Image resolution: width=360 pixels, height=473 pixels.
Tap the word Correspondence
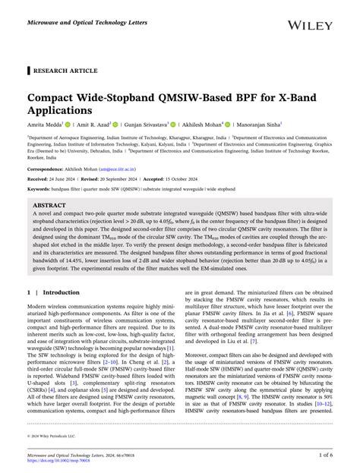pos(45,168)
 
